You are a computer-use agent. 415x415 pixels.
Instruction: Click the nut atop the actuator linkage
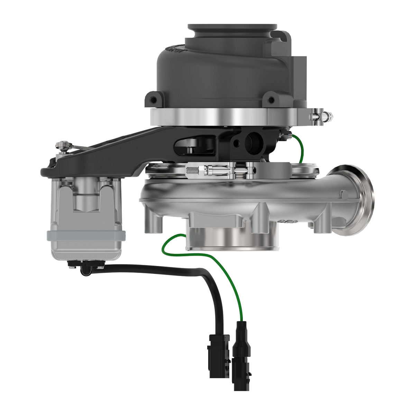point(62,146)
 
